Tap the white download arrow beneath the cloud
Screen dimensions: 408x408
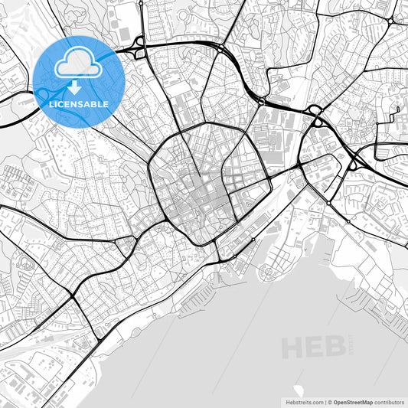point(75,86)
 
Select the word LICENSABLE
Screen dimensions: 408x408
point(79,104)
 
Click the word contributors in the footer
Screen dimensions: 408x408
point(390,401)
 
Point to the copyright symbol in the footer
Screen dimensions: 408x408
point(329,401)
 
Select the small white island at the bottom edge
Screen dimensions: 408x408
point(298,391)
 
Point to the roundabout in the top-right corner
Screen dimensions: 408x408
point(390,21)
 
